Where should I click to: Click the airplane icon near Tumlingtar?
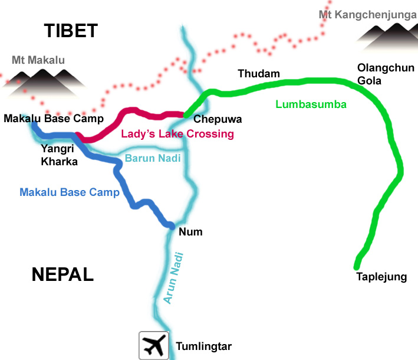coord(153,345)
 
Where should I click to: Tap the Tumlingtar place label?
coord(200,346)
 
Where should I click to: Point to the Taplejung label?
coord(381,276)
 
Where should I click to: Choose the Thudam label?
coord(258,74)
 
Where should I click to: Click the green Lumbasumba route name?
coord(311,105)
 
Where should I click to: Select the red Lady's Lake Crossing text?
coord(177,134)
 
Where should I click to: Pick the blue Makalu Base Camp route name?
coord(70,192)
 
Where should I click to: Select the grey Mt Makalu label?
coord(38,60)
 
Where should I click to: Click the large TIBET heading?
coord(70,31)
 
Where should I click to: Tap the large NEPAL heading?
coord(62,274)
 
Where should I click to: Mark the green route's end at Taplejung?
coord(357,266)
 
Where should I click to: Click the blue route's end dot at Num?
coord(171,225)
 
